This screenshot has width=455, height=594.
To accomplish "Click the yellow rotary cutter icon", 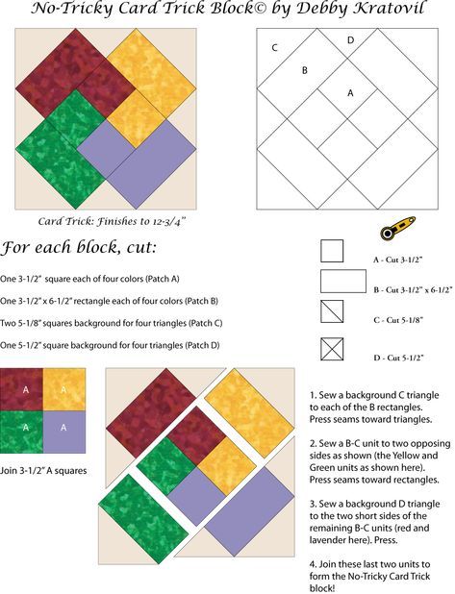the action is point(397,228).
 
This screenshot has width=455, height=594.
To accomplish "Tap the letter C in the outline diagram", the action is point(275,48).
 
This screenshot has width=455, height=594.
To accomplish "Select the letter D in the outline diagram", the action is point(351,39).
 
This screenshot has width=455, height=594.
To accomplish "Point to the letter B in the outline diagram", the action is point(305,70).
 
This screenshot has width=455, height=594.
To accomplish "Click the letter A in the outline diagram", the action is point(350,93).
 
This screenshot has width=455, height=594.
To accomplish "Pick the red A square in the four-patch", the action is point(21,390).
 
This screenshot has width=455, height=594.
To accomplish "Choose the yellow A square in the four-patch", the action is point(64,390).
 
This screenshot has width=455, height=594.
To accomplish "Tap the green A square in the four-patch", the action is point(21,433).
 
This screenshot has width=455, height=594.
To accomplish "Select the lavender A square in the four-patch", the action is point(64,433).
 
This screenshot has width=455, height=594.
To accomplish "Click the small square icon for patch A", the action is point(332,251).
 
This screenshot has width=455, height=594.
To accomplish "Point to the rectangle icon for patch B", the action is point(343,281).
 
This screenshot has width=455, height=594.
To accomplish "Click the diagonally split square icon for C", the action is point(332,311).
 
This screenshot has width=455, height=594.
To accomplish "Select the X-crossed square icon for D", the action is point(332,349).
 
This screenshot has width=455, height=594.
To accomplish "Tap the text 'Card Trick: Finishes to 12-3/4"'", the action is point(112,221).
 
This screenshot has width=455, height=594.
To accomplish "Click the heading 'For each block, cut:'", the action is point(79,248).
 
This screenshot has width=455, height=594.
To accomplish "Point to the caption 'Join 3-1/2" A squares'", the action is point(43,471).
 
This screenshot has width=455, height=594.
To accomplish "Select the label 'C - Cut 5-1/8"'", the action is point(398,320).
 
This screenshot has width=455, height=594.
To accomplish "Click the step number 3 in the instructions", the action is point(313,505).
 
